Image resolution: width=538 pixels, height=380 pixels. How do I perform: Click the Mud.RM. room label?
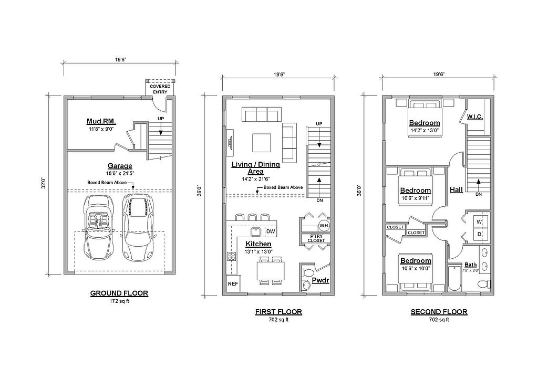click(x=101, y=121)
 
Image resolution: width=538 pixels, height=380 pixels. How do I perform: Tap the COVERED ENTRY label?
click(x=160, y=89)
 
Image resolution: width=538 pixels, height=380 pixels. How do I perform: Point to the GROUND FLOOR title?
click(x=119, y=293)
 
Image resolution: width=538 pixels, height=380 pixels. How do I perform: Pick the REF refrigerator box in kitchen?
click(x=233, y=284)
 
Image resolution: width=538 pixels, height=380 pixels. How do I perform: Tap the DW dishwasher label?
click(x=271, y=231)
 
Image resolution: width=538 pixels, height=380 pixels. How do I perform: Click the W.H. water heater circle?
click(x=323, y=226)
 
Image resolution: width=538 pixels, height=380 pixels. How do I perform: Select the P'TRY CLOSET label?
click(x=316, y=238)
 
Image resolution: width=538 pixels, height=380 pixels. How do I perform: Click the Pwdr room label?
click(x=320, y=280)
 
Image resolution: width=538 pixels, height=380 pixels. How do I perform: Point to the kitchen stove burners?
click(x=231, y=257)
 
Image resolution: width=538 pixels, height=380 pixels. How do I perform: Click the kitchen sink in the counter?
click(x=256, y=232)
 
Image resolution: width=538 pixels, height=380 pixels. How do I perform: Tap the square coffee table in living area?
click(x=262, y=143)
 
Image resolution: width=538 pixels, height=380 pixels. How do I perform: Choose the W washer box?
click(x=479, y=222)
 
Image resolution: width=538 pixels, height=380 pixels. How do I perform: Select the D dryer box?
click(x=479, y=235)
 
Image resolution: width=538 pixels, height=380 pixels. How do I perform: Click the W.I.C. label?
click(x=475, y=117)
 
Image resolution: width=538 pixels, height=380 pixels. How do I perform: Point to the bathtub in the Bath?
click(x=454, y=278)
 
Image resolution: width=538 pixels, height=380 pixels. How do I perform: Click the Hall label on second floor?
click(x=457, y=189)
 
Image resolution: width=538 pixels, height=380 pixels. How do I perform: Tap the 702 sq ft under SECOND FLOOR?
click(x=439, y=320)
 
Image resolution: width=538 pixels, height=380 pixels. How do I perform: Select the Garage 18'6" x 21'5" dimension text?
click(x=120, y=173)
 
